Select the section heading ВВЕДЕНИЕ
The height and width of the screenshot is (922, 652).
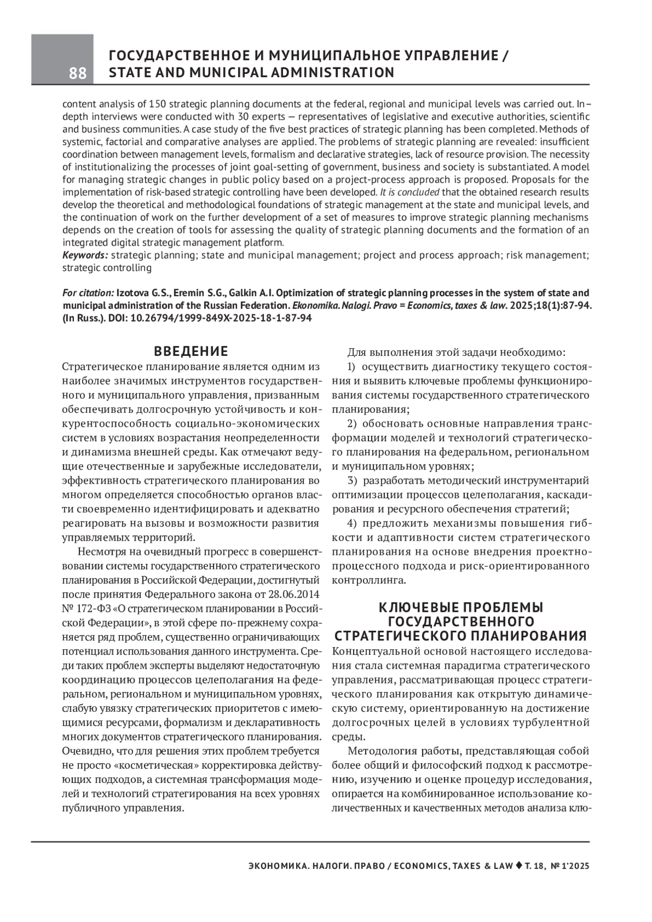[x=191, y=351]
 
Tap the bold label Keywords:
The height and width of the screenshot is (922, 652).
[x=85, y=255]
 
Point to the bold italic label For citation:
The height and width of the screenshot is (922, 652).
[x=88, y=293]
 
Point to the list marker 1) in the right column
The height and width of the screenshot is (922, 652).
[x=352, y=367]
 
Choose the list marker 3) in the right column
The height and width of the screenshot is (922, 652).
[x=352, y=481]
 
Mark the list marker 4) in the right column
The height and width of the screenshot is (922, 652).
[x=352, y=523]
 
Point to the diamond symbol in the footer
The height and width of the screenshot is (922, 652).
[x=519, y=865]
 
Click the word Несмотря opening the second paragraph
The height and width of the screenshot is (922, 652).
[x=102, y=551]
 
